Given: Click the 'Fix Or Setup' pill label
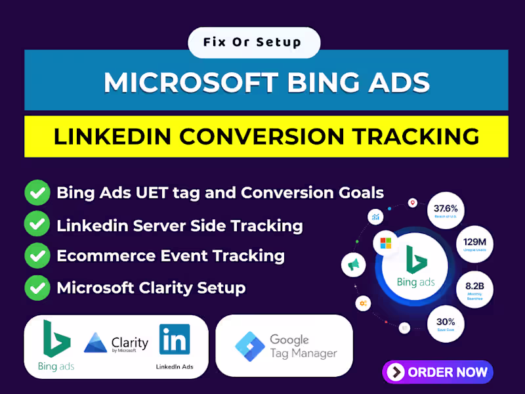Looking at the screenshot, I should pos(253,43).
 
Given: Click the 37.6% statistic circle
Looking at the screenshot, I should pos(446,211).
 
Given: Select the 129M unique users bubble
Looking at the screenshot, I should pos(474,245).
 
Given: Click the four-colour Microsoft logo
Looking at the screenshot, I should pos(385,244).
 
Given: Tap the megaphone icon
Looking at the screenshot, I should pos(354,265).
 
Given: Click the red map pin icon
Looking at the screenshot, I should pos(412,203).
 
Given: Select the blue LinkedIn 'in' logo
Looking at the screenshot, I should pos(175,339).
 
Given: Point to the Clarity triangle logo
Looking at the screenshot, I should pos(96,343).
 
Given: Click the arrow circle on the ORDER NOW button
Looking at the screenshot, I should pos(396,372).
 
